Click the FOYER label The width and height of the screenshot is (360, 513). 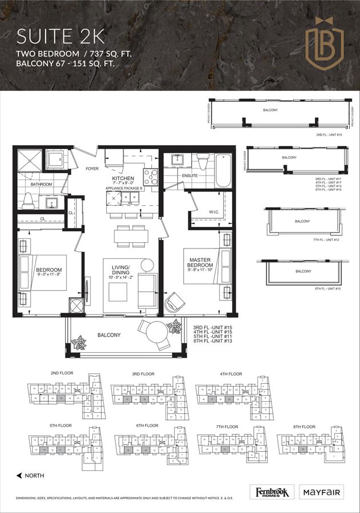coord(92,168)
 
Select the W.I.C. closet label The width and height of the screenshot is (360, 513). coord(214,213)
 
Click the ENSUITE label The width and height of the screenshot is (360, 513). coord(190,176)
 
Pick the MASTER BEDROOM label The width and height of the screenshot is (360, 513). coord(201,262)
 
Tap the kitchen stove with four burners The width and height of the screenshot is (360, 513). coord(150,177)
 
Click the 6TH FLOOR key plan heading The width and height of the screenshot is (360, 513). coord(147,426)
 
